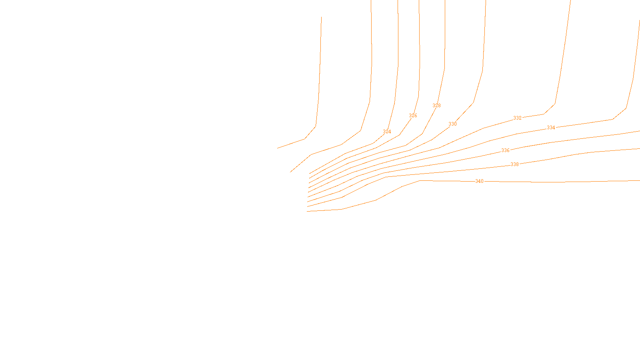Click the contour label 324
(387, 132)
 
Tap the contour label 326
(413, 116)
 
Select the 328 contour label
(436, 106)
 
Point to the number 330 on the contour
(452, 124)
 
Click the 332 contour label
(517, 118)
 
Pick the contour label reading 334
(551, 128)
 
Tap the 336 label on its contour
(505, 150)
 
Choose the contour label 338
(514, 164)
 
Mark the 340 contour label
(479, 181)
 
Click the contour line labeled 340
(560, 182)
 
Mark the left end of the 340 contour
(307, 211)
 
